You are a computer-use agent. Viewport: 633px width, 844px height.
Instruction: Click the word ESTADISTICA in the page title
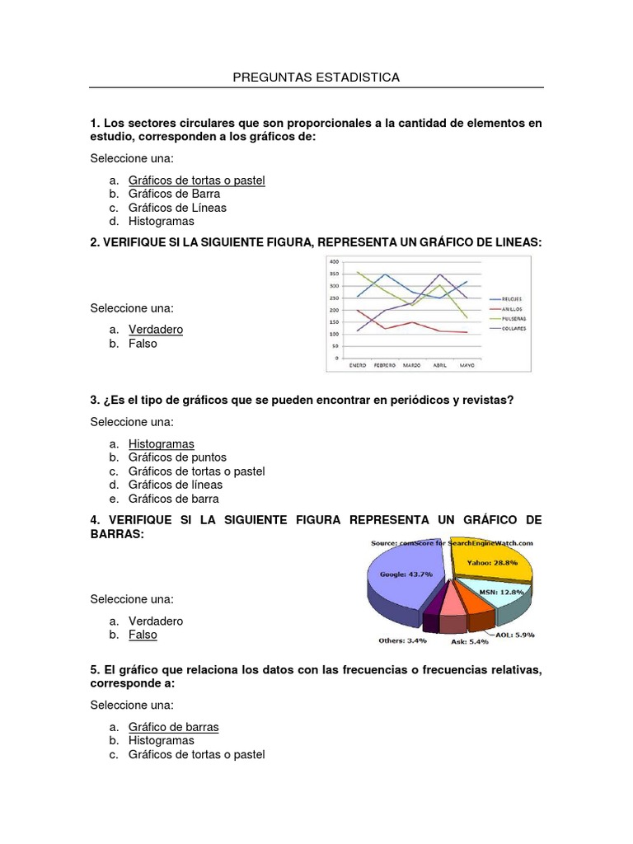[x=359, y=77]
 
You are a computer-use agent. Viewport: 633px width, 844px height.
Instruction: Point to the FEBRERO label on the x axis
[x=384, y=363]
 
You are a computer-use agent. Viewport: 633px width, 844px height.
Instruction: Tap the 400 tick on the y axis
[x=334, y=261]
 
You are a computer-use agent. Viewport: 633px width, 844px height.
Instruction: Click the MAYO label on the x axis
[x=467, y=363]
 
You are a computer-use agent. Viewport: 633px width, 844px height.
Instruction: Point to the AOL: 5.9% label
[x=515, y=635]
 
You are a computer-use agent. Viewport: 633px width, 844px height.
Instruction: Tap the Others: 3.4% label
[x=403, y=640]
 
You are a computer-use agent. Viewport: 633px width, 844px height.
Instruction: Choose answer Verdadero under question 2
[x=156, y=330]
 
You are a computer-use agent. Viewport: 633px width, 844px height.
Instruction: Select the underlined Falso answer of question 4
[x=143, y=635]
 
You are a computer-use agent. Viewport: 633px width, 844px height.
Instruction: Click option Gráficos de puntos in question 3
[x=177, y=457]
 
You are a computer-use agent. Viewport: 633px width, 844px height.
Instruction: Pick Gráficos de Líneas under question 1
[x=177, y=208]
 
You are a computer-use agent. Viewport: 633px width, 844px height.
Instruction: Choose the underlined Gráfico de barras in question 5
[x=174, y=727]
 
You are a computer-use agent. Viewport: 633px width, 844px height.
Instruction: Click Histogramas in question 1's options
[x=162, y=222]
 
